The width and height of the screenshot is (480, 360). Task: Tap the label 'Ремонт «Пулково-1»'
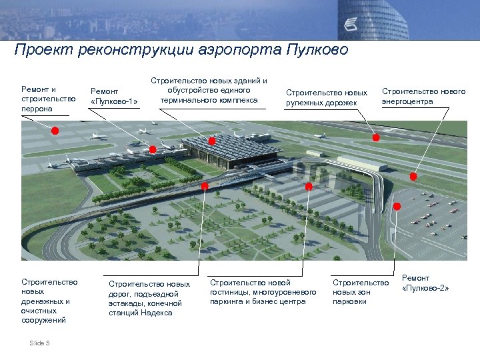pos(114,96)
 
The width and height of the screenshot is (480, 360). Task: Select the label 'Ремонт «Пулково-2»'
pos(425,283)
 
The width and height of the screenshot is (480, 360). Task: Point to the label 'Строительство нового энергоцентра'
pos(423,96)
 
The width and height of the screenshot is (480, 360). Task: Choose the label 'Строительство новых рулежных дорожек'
pos(327,97)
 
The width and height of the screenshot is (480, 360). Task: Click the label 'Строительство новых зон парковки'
pos(360,292)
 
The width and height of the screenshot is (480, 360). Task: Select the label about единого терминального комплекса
pos(208,90)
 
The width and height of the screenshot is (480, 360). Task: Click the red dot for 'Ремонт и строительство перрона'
pos(55,131)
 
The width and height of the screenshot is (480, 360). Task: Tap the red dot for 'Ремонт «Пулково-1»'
pos(153,149)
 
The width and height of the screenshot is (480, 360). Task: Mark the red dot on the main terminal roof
pos(212,141)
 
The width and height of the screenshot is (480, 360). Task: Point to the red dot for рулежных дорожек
pos(375,137)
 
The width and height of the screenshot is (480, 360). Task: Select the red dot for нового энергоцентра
pos(413,177)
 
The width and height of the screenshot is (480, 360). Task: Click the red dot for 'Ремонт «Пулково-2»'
pos(397,207)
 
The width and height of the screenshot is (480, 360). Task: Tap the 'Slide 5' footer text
pos(39,343)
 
